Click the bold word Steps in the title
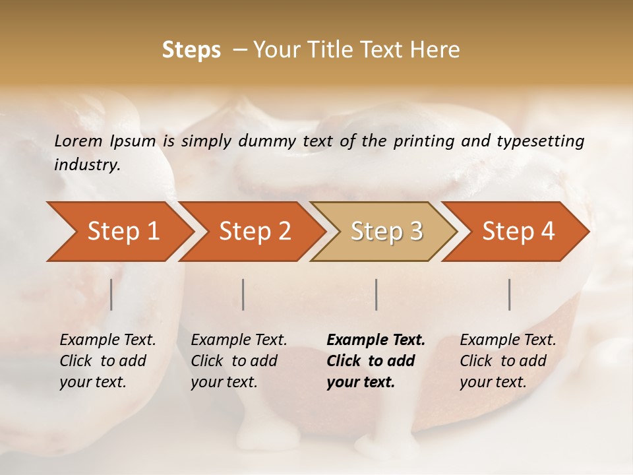click(191, 50)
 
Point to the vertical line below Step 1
click(111, 294)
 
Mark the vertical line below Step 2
click(243, 294)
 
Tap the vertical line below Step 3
click(377, 294)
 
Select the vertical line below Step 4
click(510, 294)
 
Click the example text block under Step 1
click(107, 361)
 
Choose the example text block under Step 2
click(239, 361)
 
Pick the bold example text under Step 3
click(375, 361)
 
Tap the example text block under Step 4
click(508, 361)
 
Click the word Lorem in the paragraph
click(78, 141)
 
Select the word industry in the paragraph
click(87, 165)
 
